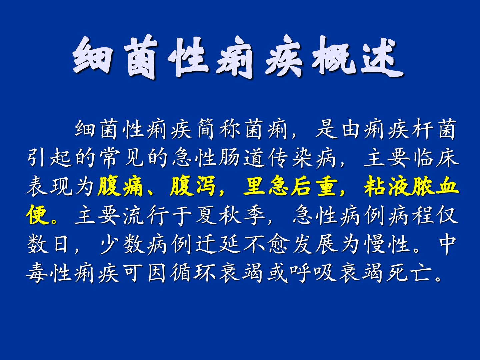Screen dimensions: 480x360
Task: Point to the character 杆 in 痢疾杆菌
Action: click(422, 129)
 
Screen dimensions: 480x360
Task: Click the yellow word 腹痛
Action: click(120, 186)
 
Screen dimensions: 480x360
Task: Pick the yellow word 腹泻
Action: click(193, 186)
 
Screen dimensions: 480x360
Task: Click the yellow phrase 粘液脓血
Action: click(411, 186)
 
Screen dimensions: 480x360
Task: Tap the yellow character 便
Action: click(37, 215)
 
